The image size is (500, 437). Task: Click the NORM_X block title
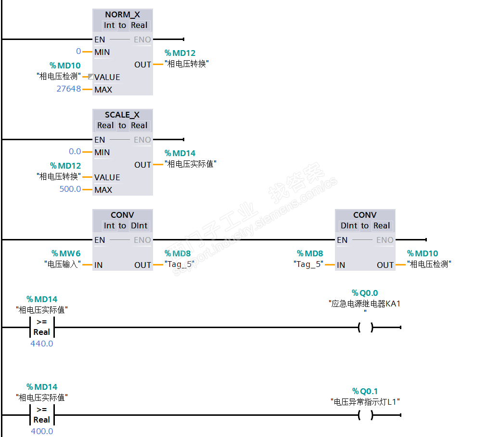coord(122,14)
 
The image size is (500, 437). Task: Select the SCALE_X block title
coord(122,115)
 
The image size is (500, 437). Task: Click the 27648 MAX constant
coord(69,89)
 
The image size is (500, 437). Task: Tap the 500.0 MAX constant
coord(70,189)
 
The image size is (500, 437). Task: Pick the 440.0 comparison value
coord(42,344)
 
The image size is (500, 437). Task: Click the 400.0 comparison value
coord(42,431)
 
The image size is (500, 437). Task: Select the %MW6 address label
coord(66,253)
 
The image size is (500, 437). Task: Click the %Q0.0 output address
coord(365,293)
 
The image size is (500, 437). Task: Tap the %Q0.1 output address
coord(365,391)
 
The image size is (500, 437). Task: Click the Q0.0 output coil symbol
coord(365,328)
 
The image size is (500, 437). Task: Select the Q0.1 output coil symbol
coord(365,415)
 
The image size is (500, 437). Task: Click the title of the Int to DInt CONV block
coord(122,215)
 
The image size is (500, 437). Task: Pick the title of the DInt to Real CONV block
coord(365,215)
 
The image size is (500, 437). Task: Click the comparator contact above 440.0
coord(42,327)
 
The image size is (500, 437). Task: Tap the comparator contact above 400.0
coord(42,415)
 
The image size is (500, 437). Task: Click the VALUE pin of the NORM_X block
coord(107,77)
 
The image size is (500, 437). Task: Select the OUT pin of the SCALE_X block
coord(142,165)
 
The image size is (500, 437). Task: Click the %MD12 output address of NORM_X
coord(180,53)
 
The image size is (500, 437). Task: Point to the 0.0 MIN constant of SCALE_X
coord(75,152)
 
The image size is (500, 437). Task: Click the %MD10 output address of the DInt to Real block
coord(423,253)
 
